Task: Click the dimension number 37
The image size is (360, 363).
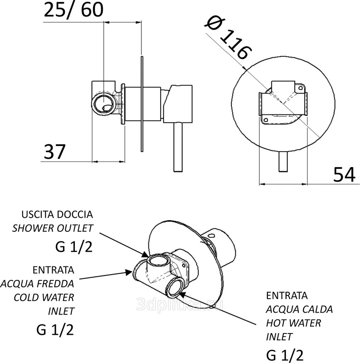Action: [54, 152]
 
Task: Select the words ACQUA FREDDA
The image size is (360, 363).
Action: [38, 284]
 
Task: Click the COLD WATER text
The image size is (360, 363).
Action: [44, 298]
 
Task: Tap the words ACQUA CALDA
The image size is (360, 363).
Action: [299, 309]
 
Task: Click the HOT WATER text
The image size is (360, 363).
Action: [294, 323]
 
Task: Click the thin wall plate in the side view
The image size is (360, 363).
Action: [142, 104]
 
